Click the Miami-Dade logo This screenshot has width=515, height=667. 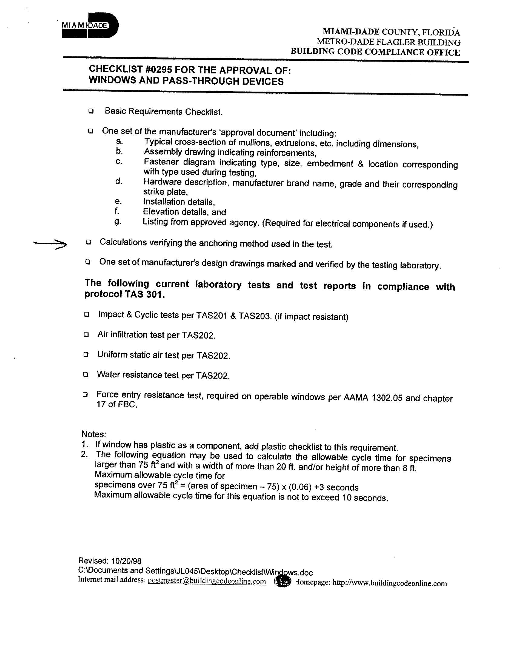pyautogui.click(x=90, y=26)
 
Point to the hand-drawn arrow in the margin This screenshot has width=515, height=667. pyautogui.click(x=50, y=244)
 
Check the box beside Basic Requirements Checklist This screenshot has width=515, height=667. pyautogui.click(x=91, y=111)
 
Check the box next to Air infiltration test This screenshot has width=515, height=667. pyautogui.click(x=86, y=335)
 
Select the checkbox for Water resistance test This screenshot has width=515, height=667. pyautogui.click(x=86, y=374)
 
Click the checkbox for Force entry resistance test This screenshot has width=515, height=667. pyautogui.click(x=85, y=395)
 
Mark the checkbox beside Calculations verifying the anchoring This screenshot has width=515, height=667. pyautogui.click(x=88, y=242)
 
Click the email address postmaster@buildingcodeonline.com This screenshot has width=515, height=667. pyautogui.click(x=207, y=581)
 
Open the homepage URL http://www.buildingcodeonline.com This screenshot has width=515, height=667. pyautogui.click(x=390, y=583)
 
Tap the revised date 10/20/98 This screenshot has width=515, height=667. pyautogui.click(x=126, y=561)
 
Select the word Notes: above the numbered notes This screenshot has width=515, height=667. pyautogui.click(x=94, y=434)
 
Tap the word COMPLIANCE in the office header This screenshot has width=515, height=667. pyautogui.click(x=394, y=52)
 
